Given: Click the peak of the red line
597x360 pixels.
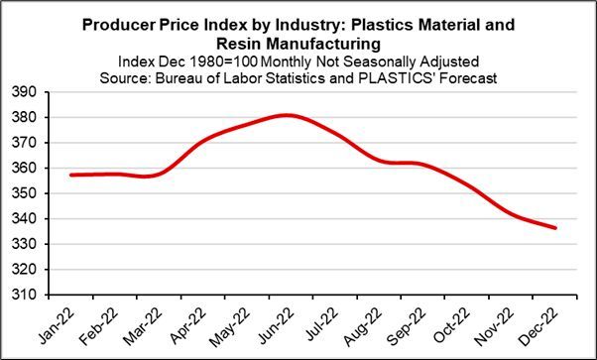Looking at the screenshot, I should (287, 115).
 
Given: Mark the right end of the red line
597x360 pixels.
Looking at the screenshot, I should (555, 228).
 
